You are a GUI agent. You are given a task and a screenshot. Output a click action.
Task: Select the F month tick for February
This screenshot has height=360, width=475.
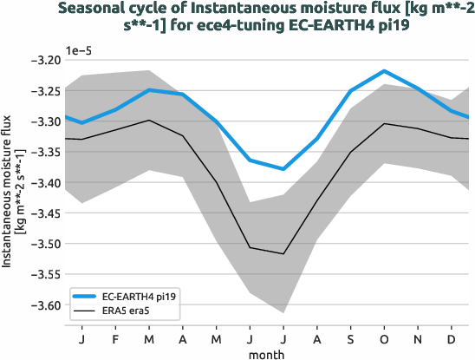coord(115,336)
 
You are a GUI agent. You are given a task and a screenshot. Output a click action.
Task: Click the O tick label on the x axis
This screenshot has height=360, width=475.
coord(384,336)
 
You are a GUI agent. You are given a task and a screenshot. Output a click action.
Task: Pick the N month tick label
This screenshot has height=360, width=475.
coord(418,336)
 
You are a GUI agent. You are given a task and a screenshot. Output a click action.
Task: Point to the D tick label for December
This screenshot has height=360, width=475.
coord(452,336)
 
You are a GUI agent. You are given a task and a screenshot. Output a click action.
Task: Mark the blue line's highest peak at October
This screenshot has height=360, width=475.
coord(384,71)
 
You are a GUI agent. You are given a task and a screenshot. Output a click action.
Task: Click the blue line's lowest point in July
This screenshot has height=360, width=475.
coord(283,169)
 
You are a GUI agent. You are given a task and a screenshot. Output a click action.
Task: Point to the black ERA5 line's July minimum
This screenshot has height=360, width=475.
coord(283,253)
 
